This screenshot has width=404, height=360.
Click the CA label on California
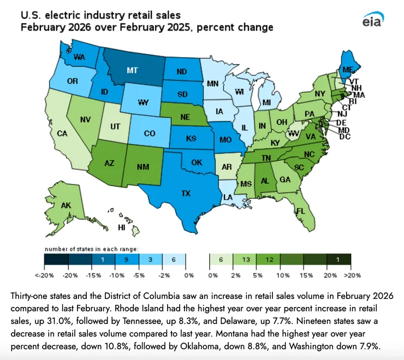click(x=62, y=133)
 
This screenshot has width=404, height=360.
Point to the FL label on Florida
click(x=300, y=210)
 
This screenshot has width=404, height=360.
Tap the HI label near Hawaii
click(x=122, y=227)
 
